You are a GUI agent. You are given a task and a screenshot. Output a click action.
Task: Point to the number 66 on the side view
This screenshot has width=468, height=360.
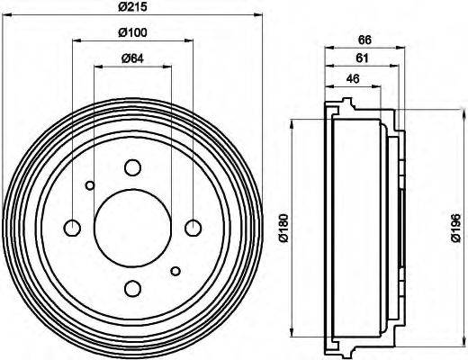coord(364,39)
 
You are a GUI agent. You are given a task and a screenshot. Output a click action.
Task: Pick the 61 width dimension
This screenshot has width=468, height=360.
coord(360,58)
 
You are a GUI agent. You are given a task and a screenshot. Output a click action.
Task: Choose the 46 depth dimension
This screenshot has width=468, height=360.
coord(353,78)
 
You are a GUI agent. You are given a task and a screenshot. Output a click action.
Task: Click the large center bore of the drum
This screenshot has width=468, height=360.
coord(132,227)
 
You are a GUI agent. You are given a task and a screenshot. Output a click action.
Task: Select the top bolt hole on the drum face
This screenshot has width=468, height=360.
coord(132,167)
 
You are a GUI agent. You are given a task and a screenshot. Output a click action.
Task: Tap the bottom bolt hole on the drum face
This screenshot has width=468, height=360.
coord(132,288)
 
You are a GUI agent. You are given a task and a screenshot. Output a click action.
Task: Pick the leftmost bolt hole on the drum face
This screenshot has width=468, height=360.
coord(73,227)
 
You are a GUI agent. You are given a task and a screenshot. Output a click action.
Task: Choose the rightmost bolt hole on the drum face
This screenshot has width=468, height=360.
coord(193,227)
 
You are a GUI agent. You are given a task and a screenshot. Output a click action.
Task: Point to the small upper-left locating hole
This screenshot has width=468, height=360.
coord(89,186)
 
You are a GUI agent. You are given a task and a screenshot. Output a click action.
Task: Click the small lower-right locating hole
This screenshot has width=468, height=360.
coord(175,270)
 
